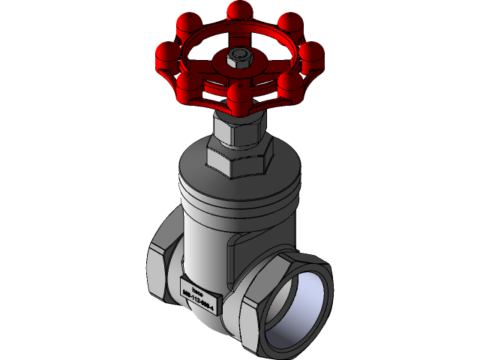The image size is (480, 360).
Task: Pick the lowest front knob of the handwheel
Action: click(240, 95)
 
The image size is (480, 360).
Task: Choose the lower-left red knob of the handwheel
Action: click(187, 82)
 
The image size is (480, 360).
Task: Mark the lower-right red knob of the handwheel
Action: click(289, 80)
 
